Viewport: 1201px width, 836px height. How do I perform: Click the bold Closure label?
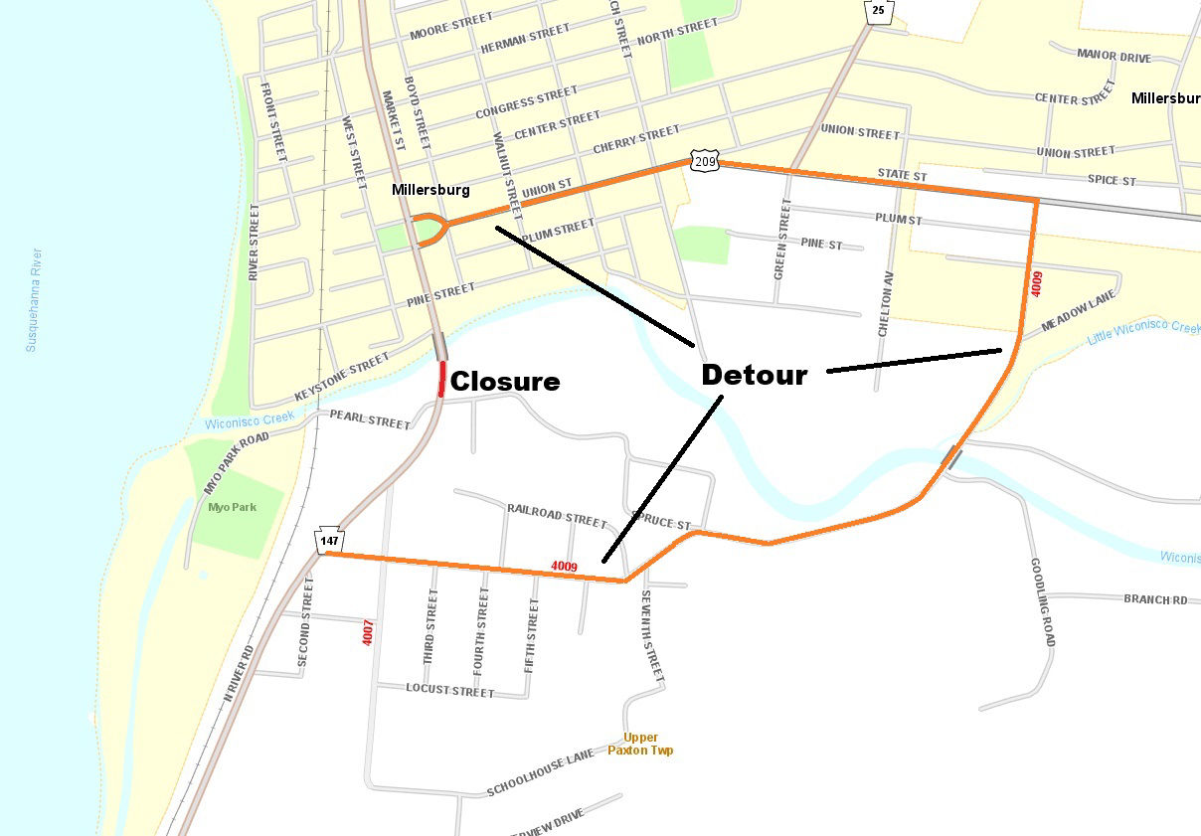tap(505, 382)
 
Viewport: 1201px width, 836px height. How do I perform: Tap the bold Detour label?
tap(754, 375)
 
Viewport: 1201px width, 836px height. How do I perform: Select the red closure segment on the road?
tap(442, 379)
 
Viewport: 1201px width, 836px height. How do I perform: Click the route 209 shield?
tap(704, 162)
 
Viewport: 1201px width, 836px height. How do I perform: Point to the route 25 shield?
tap(878, 11)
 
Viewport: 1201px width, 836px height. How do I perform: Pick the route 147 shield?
tap(329, 540)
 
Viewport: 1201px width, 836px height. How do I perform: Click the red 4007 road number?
tap(368, 633)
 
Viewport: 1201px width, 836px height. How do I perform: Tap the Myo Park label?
tap(232, 507)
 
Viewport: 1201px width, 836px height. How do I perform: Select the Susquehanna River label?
tap(33, 299)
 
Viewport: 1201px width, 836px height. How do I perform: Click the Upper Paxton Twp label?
tap(640, 744)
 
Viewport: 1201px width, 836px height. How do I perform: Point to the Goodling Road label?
tap(1041, 601)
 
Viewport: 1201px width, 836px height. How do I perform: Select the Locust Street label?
tap(449, 690)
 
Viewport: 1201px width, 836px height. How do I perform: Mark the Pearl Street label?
tap(370, 420)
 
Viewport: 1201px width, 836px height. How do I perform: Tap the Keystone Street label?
tap(341, 378)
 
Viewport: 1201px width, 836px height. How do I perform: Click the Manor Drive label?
tap(1114, 57)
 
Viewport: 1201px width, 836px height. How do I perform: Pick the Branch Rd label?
tap(1155, 599)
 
